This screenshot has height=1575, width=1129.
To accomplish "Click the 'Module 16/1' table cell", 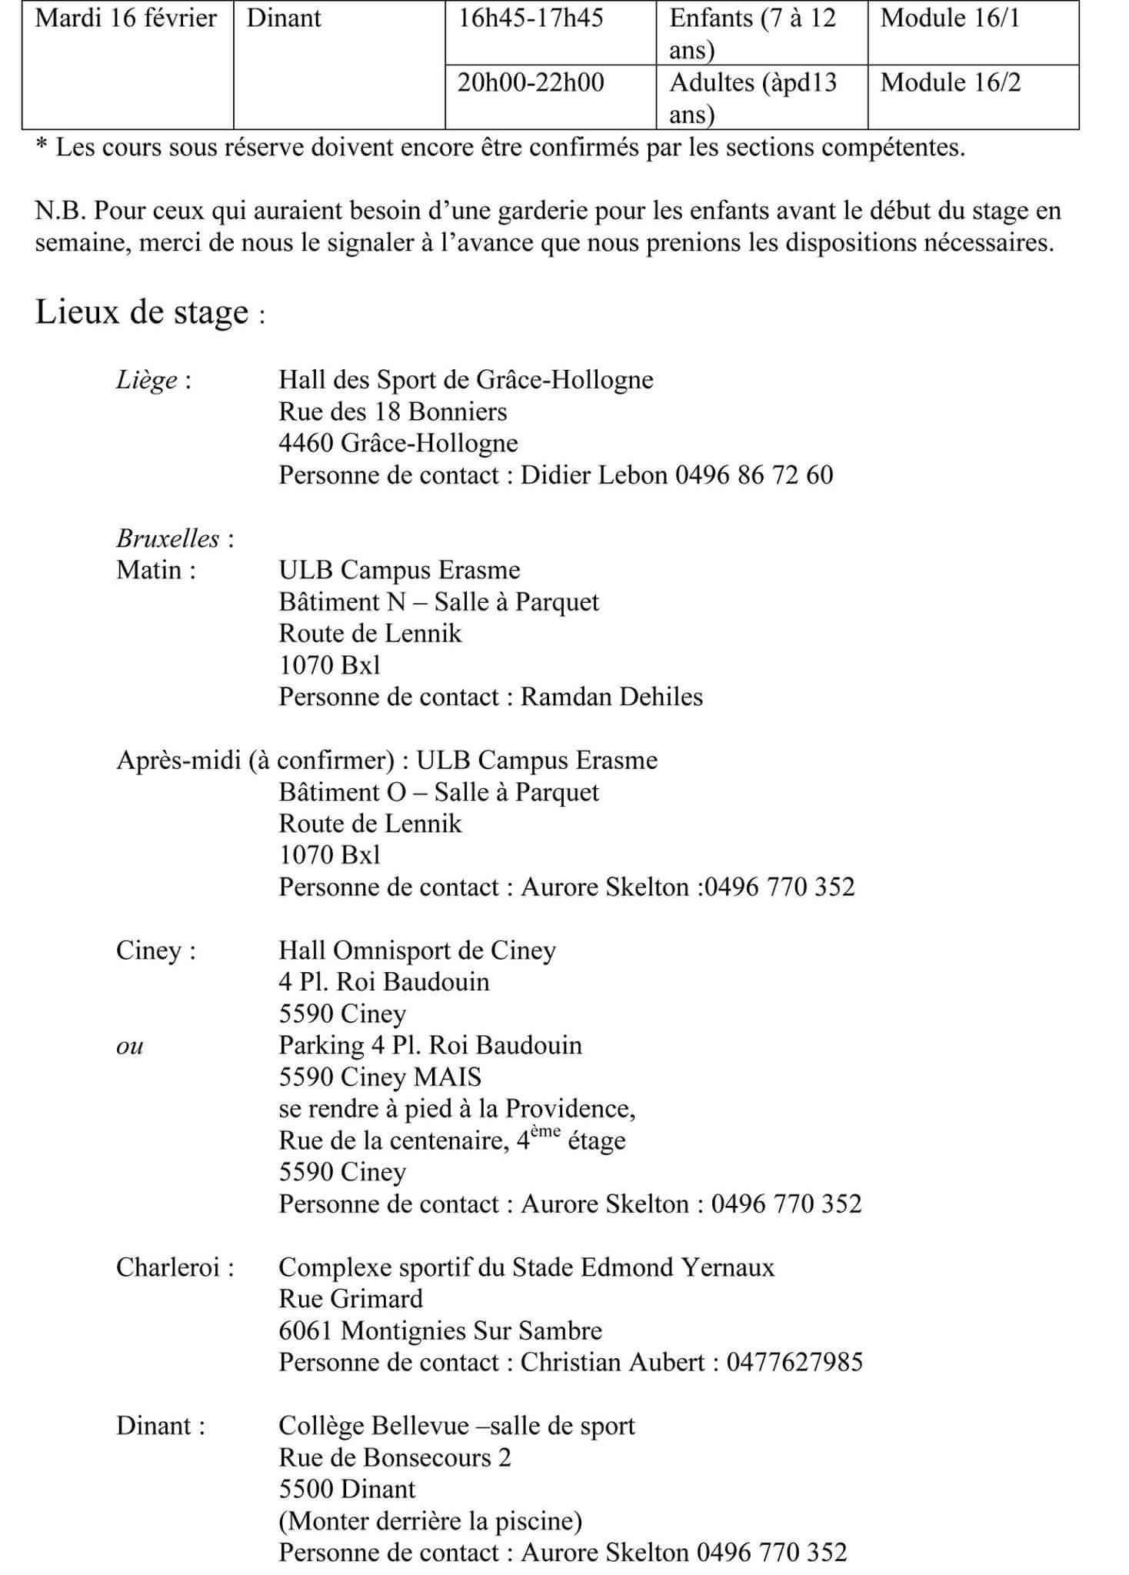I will pos(949,18).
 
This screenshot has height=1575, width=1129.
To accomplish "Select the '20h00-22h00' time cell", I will pos(531,83).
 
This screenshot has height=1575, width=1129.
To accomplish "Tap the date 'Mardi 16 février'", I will pos(126,18).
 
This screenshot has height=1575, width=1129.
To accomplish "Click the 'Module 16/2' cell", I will pos(950,83).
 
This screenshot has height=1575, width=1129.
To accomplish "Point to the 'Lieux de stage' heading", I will pos(142,313).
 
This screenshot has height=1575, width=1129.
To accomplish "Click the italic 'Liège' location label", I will pos(147,380).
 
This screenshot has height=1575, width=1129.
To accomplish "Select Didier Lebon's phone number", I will pos(754,475).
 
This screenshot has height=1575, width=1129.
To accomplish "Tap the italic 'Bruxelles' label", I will pos(168,538).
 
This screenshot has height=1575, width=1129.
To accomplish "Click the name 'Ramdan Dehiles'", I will pos(611,697).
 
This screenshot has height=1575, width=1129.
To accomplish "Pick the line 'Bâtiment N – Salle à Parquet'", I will pos(438,602).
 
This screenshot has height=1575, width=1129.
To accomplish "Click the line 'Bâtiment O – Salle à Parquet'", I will pos(438,792).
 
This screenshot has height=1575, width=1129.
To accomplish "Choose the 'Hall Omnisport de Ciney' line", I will pos(417,951).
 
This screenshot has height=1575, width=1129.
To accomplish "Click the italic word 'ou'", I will pos(129,1047).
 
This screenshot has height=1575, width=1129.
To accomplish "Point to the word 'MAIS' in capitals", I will pos(447,1077).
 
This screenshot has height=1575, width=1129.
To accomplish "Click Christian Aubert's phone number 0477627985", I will pos(794,1363).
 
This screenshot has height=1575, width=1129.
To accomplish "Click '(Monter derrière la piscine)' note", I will pos(430,1521).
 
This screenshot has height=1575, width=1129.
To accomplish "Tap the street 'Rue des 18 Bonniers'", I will pos(392,412).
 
